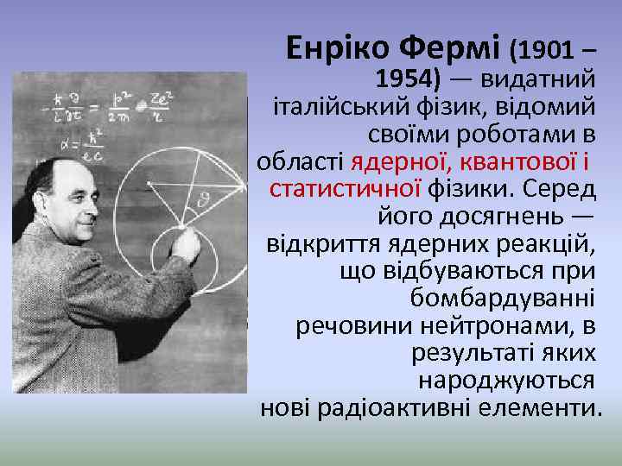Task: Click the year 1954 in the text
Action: [407, 79]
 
